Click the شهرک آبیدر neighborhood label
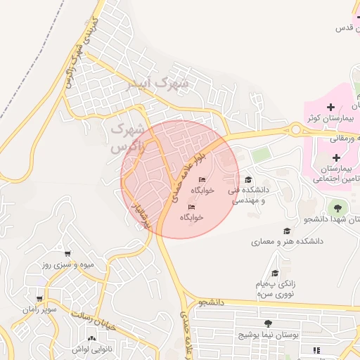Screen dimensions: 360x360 pyautogui.click(x=158, y=84)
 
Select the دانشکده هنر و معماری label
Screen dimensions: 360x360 pyautogui.click(x=287, y=241)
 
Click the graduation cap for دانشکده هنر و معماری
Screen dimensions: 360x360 pyautogui.click(x=286, y=231)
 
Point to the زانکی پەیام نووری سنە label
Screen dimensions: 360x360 pyautogui.click(x=276, y=289)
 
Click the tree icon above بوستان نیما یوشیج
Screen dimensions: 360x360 pyautogui.click(x=268, y=323)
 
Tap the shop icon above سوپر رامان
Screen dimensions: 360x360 pyautogui.click(x=40, y=299)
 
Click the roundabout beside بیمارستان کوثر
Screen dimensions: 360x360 pyautogui.click(x=296, y=129)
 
